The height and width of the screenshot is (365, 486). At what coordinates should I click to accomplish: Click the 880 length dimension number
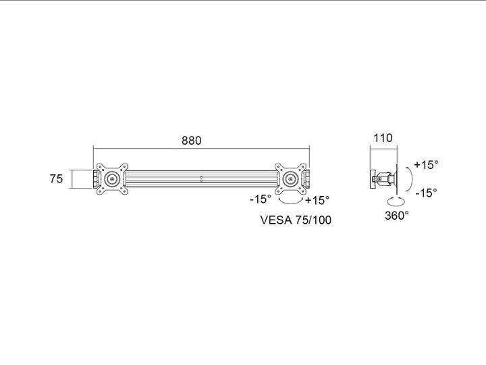192,141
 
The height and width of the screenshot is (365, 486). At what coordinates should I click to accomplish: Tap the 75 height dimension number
56,179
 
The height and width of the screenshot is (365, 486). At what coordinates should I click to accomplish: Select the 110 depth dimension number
382,138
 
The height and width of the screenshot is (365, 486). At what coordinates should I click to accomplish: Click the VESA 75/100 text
295,220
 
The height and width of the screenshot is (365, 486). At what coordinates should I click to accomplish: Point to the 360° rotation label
397,216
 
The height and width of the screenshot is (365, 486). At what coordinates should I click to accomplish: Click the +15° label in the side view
426,164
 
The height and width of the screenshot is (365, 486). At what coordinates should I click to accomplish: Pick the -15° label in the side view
426,192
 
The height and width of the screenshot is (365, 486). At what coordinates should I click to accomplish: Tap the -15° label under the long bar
260,199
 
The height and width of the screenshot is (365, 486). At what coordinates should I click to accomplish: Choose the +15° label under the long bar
317,200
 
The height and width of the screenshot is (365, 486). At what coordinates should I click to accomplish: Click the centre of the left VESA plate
111,179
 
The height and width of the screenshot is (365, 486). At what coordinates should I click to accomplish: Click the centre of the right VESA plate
291,179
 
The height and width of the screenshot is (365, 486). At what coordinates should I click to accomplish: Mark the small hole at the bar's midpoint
201,179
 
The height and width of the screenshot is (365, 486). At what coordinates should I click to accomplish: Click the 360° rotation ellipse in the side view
396,201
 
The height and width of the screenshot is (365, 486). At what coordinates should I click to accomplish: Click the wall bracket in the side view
372,178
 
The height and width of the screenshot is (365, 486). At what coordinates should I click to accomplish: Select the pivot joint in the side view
385,179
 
